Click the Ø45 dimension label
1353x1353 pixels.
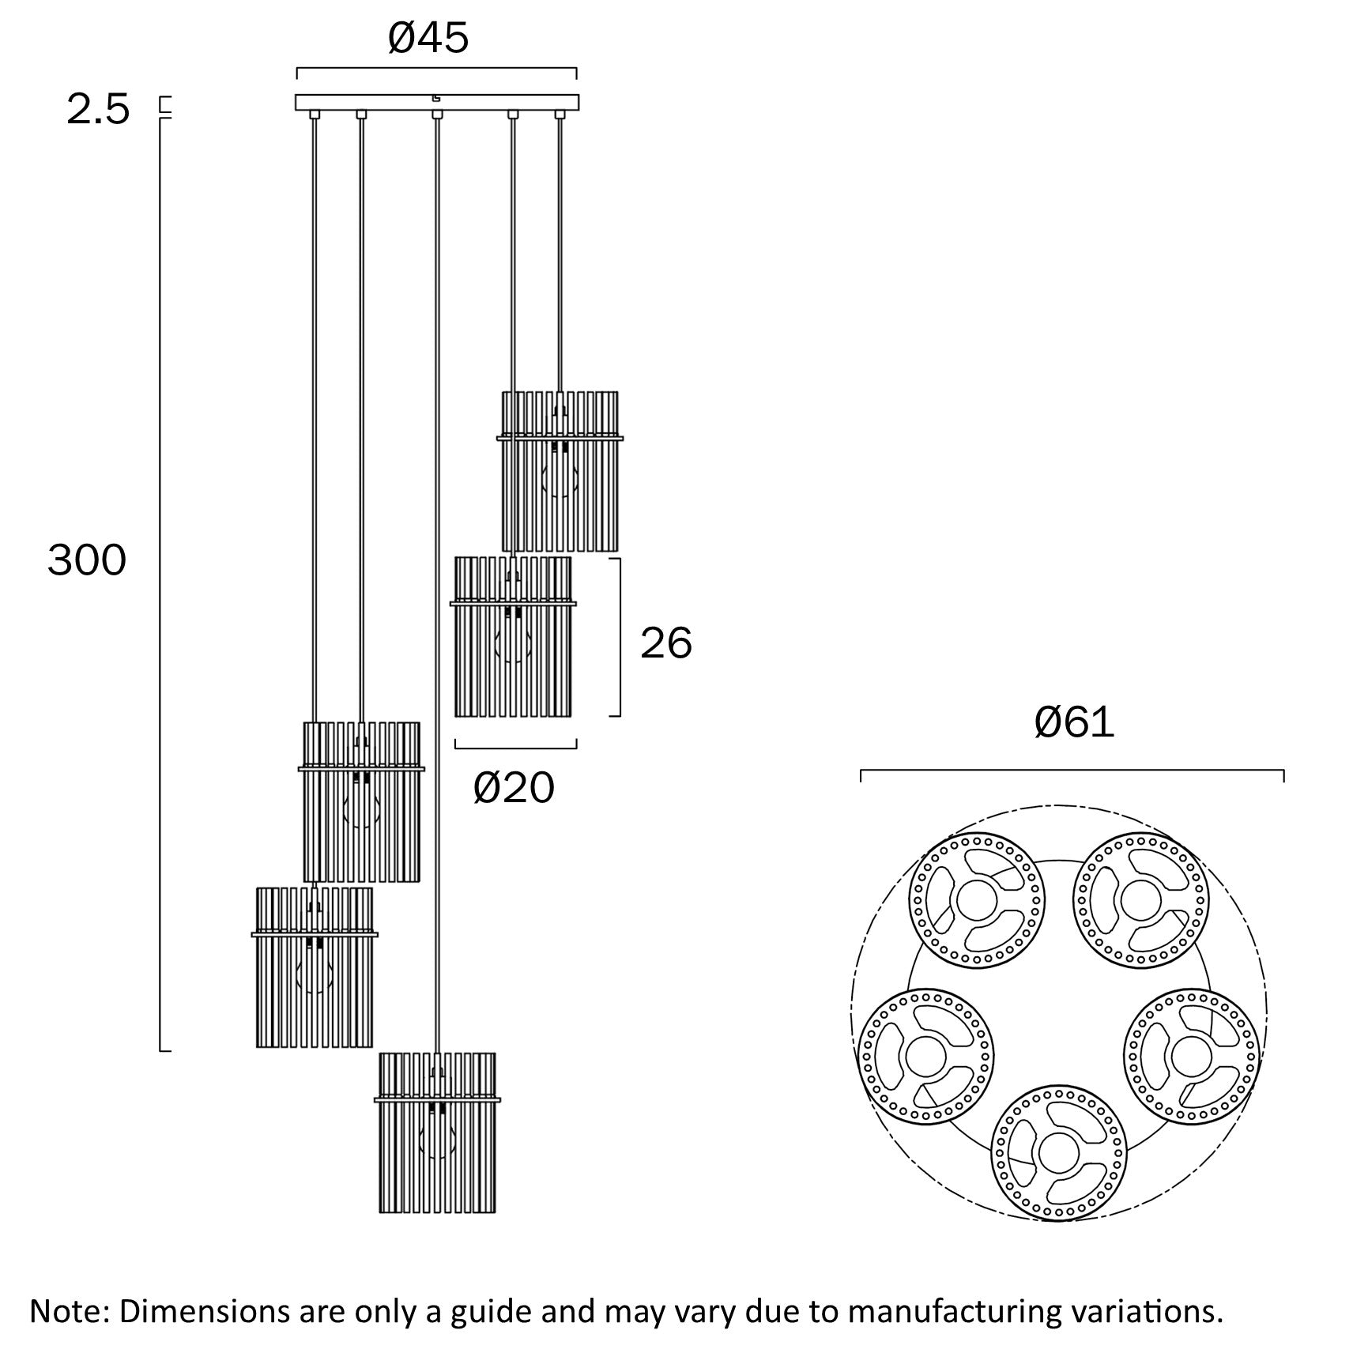pos(428,38)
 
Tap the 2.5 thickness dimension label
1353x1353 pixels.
pos(98,109)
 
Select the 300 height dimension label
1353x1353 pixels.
pos(87,560)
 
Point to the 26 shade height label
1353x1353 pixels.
pos(665,643)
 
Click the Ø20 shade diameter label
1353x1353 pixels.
pos(514,788)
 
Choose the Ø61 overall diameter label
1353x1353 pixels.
pos(1074,722)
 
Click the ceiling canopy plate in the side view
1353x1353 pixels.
pos(437,102)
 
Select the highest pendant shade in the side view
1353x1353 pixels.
pos(560,471)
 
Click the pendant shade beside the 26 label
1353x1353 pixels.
pos(512,637)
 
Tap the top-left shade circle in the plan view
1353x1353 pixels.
pos(977,901)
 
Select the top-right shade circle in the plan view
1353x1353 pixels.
pos(1140,900)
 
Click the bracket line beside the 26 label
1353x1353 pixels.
pos(620,637)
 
